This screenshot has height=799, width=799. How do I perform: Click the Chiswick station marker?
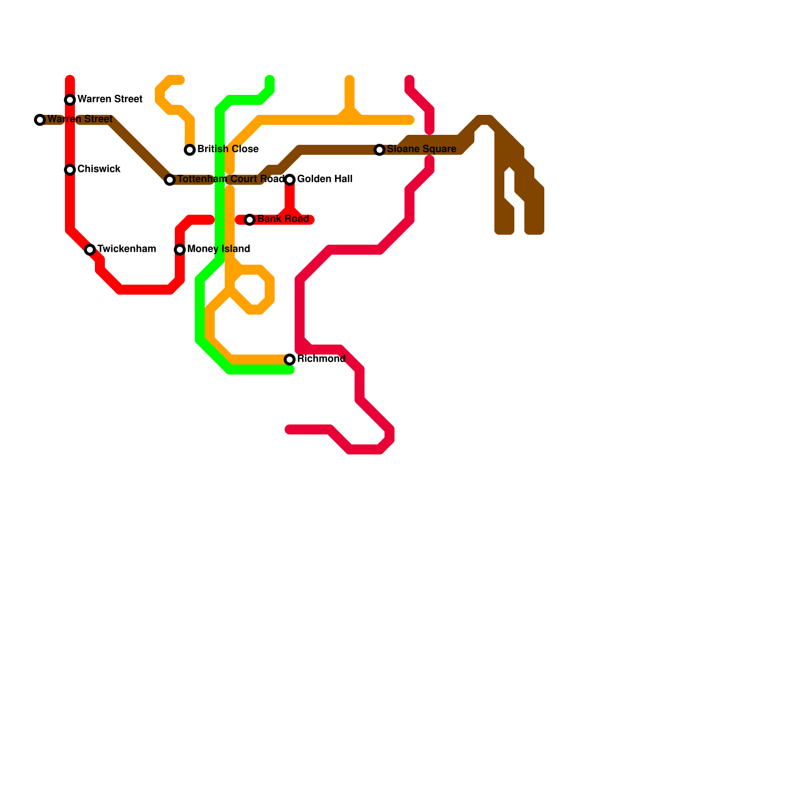70,170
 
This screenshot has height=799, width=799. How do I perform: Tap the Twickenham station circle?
90,250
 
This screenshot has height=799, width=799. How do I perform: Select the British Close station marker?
190,150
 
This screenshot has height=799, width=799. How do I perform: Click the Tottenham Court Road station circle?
170,180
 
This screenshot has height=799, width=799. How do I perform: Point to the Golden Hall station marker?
290,180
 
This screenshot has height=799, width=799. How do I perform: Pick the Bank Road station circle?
250,220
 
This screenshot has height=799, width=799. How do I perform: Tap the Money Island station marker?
180,250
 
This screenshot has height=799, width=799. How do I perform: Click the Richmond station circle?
290,360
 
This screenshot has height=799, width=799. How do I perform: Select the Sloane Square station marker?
380,150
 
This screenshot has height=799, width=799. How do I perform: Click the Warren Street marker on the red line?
70,100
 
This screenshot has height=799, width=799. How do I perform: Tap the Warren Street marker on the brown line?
40,120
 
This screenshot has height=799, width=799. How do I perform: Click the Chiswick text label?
99,169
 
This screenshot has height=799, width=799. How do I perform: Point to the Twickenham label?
126,249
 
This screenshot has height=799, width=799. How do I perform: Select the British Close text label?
228,149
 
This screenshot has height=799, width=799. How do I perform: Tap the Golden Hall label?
325,179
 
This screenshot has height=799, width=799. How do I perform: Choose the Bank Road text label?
283,219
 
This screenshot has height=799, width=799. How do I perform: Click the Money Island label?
219,249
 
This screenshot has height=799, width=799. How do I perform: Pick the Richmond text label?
321,359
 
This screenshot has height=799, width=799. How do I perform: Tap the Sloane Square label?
421,149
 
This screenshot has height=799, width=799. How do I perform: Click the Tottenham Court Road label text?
231,179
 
